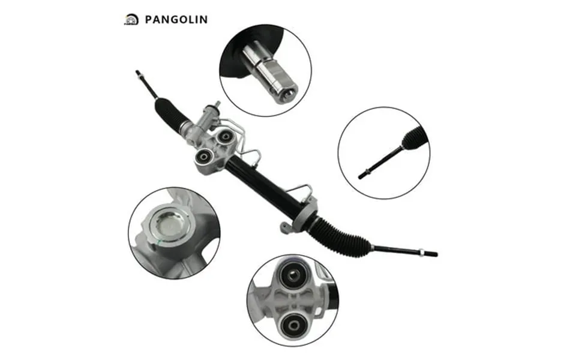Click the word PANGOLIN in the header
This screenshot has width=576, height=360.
(x=176, y=19)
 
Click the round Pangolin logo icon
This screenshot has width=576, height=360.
(x=131, y=19)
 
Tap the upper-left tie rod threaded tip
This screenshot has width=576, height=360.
(x=139, y=73)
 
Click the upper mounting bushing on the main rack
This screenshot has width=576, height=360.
(x=223, y=137)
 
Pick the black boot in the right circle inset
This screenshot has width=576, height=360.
(x=415, y=139)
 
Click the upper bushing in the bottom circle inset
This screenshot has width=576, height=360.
(x=293, y=276)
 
